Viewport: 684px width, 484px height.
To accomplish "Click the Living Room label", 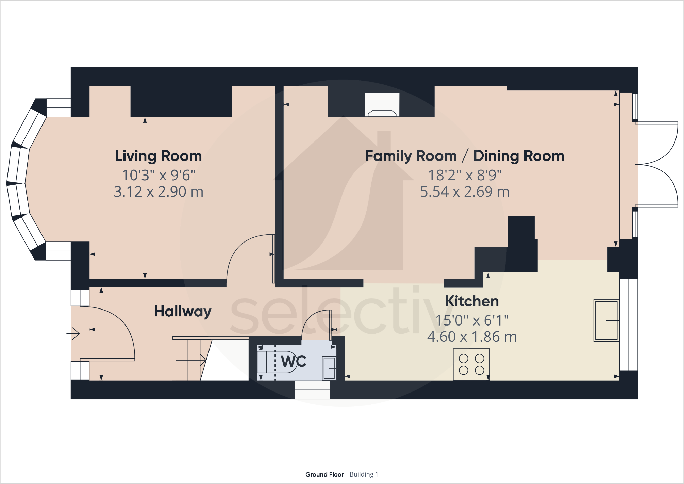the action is pos(159,156).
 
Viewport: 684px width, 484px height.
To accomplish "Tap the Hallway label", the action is pos(183,312).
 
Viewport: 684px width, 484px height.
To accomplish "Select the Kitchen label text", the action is pos(472,301).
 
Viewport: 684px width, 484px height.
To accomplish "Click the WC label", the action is pos(294,361).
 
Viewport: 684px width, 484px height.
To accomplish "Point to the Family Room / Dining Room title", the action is pos(465,156).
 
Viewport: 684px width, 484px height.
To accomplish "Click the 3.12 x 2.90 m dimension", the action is pos(159,192).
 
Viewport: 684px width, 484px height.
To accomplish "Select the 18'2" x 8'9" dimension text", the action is pos(465,175).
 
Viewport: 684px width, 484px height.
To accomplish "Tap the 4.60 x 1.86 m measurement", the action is pos(472,337).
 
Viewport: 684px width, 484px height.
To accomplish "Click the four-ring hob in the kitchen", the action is pos(471,364).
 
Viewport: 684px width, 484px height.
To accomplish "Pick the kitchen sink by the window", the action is pos(606,320).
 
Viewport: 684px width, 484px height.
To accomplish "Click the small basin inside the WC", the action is pos(329,368).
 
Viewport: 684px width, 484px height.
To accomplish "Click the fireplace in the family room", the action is pos(382,104).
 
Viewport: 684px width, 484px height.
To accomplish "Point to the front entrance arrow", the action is pos(73,333).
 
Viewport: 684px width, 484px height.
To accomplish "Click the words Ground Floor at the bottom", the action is pos(324,474).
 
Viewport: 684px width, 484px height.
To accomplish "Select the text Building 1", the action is pos(364,474).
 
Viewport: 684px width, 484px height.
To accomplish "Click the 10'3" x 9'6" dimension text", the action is pos(159,175).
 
